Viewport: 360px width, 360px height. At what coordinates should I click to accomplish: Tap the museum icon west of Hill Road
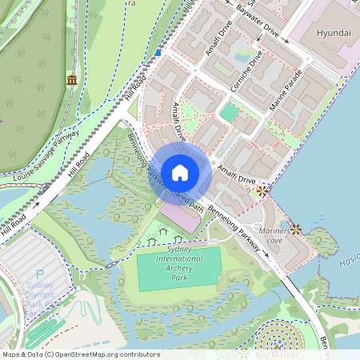(x=72, y=80)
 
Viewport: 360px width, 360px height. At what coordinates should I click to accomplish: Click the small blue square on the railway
(x=158, y=53)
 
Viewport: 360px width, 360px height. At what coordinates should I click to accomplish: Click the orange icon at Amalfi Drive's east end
(x=262, y=190)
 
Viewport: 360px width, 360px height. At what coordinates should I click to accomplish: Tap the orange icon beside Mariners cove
(x=296, y=229)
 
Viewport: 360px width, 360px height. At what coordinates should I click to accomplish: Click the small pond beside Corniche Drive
(x=242, y=58)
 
